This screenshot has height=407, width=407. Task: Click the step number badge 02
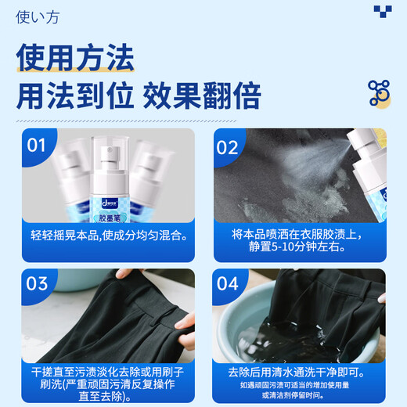click(226, 146)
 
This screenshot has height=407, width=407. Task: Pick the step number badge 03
click(37, 283)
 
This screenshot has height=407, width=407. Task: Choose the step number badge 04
click(227, 283)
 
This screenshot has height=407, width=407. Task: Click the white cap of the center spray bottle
click(110, 145)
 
